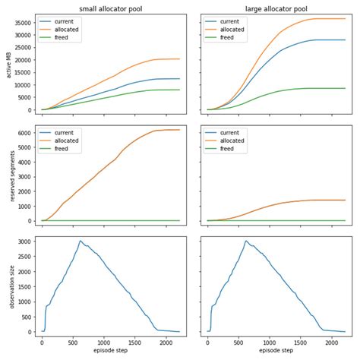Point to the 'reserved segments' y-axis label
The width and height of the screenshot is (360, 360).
pos(7,175)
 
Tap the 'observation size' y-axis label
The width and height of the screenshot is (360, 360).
pos(7,288)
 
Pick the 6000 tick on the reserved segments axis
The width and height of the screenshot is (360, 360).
pos(23,133)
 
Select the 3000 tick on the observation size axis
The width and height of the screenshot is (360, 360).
pos(23,242)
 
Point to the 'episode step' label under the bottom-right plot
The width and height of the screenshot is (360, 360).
pos(276,352)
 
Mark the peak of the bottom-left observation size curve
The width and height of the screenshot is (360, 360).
pos(80,241)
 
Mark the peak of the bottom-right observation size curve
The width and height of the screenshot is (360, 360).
pos(245,241)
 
